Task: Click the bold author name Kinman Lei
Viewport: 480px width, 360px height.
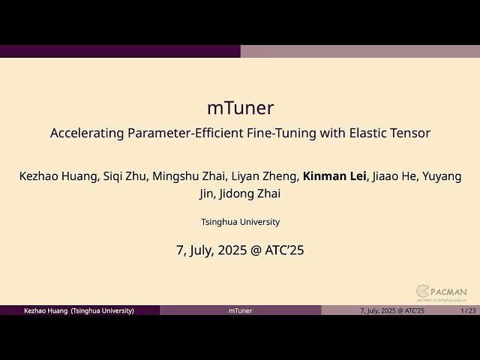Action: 334,177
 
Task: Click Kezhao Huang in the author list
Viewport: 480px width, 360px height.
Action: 56,177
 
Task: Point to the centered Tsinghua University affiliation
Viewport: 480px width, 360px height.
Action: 240,222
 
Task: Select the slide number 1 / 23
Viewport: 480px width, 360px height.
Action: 468,310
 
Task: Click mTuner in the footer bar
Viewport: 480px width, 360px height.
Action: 240,310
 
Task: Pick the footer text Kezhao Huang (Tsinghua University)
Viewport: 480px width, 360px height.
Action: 79,310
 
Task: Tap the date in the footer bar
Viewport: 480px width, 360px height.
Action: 392,310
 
